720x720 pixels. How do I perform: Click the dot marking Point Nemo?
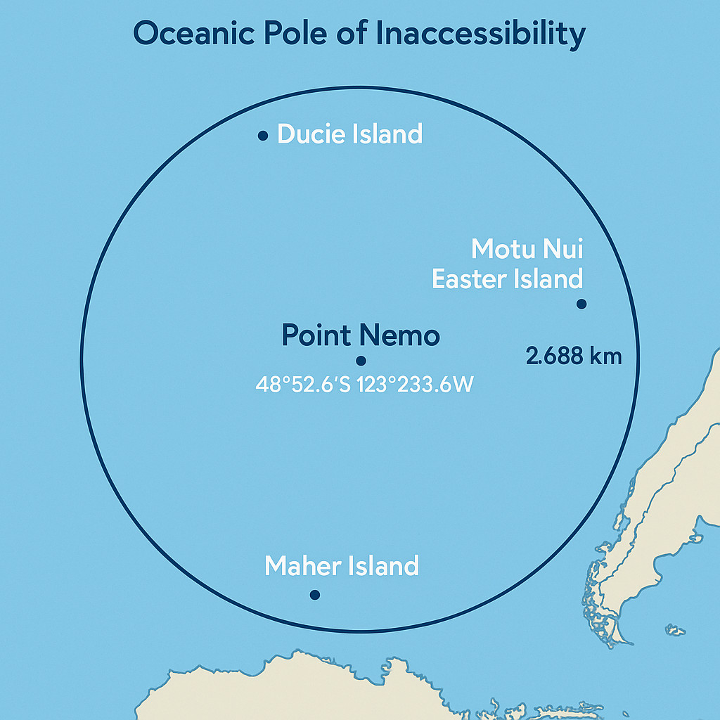coord(361,361)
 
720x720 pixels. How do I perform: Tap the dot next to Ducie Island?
coord(263,136)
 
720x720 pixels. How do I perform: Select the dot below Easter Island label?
coord(581,304)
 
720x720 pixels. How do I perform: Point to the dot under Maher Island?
coord(314,595)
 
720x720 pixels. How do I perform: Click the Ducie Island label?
coord(349,134)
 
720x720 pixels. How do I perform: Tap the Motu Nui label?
coord(527,249)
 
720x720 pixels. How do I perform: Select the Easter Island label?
coord(507,279)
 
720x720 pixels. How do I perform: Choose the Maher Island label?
coord(342,565)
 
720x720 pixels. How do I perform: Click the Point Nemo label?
coord(361,335)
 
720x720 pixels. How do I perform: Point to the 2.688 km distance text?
coord(574,356)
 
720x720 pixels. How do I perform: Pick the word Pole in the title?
coord(300,34)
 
